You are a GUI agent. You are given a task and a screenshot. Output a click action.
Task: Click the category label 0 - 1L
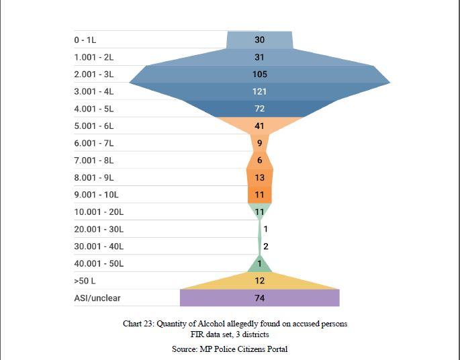[85, 40]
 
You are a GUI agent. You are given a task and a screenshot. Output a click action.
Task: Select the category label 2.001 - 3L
[94, 75]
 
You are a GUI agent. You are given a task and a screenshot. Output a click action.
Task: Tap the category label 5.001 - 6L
[94, 126]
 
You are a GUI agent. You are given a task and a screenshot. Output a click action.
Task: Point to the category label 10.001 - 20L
[99, 212]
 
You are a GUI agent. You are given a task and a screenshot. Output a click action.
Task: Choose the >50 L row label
[85, 281]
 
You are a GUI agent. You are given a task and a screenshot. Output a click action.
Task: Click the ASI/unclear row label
[97, 298]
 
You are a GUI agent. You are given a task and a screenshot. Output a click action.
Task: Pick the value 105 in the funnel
[259, 75]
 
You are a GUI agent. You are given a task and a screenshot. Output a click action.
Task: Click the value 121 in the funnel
[259, 91]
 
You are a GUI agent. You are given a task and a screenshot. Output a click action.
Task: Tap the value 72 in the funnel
[259, 109]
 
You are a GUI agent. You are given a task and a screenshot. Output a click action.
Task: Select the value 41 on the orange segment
[259, 126]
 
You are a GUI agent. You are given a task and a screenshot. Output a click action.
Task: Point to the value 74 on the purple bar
[259, 298]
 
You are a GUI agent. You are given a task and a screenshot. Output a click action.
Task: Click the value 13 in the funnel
[259, 178]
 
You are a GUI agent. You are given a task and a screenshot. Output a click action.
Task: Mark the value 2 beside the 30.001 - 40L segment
[266, 246]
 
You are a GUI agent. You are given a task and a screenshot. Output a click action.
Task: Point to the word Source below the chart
[184, 349]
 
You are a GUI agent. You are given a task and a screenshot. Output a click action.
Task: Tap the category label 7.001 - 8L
[94, 161]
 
